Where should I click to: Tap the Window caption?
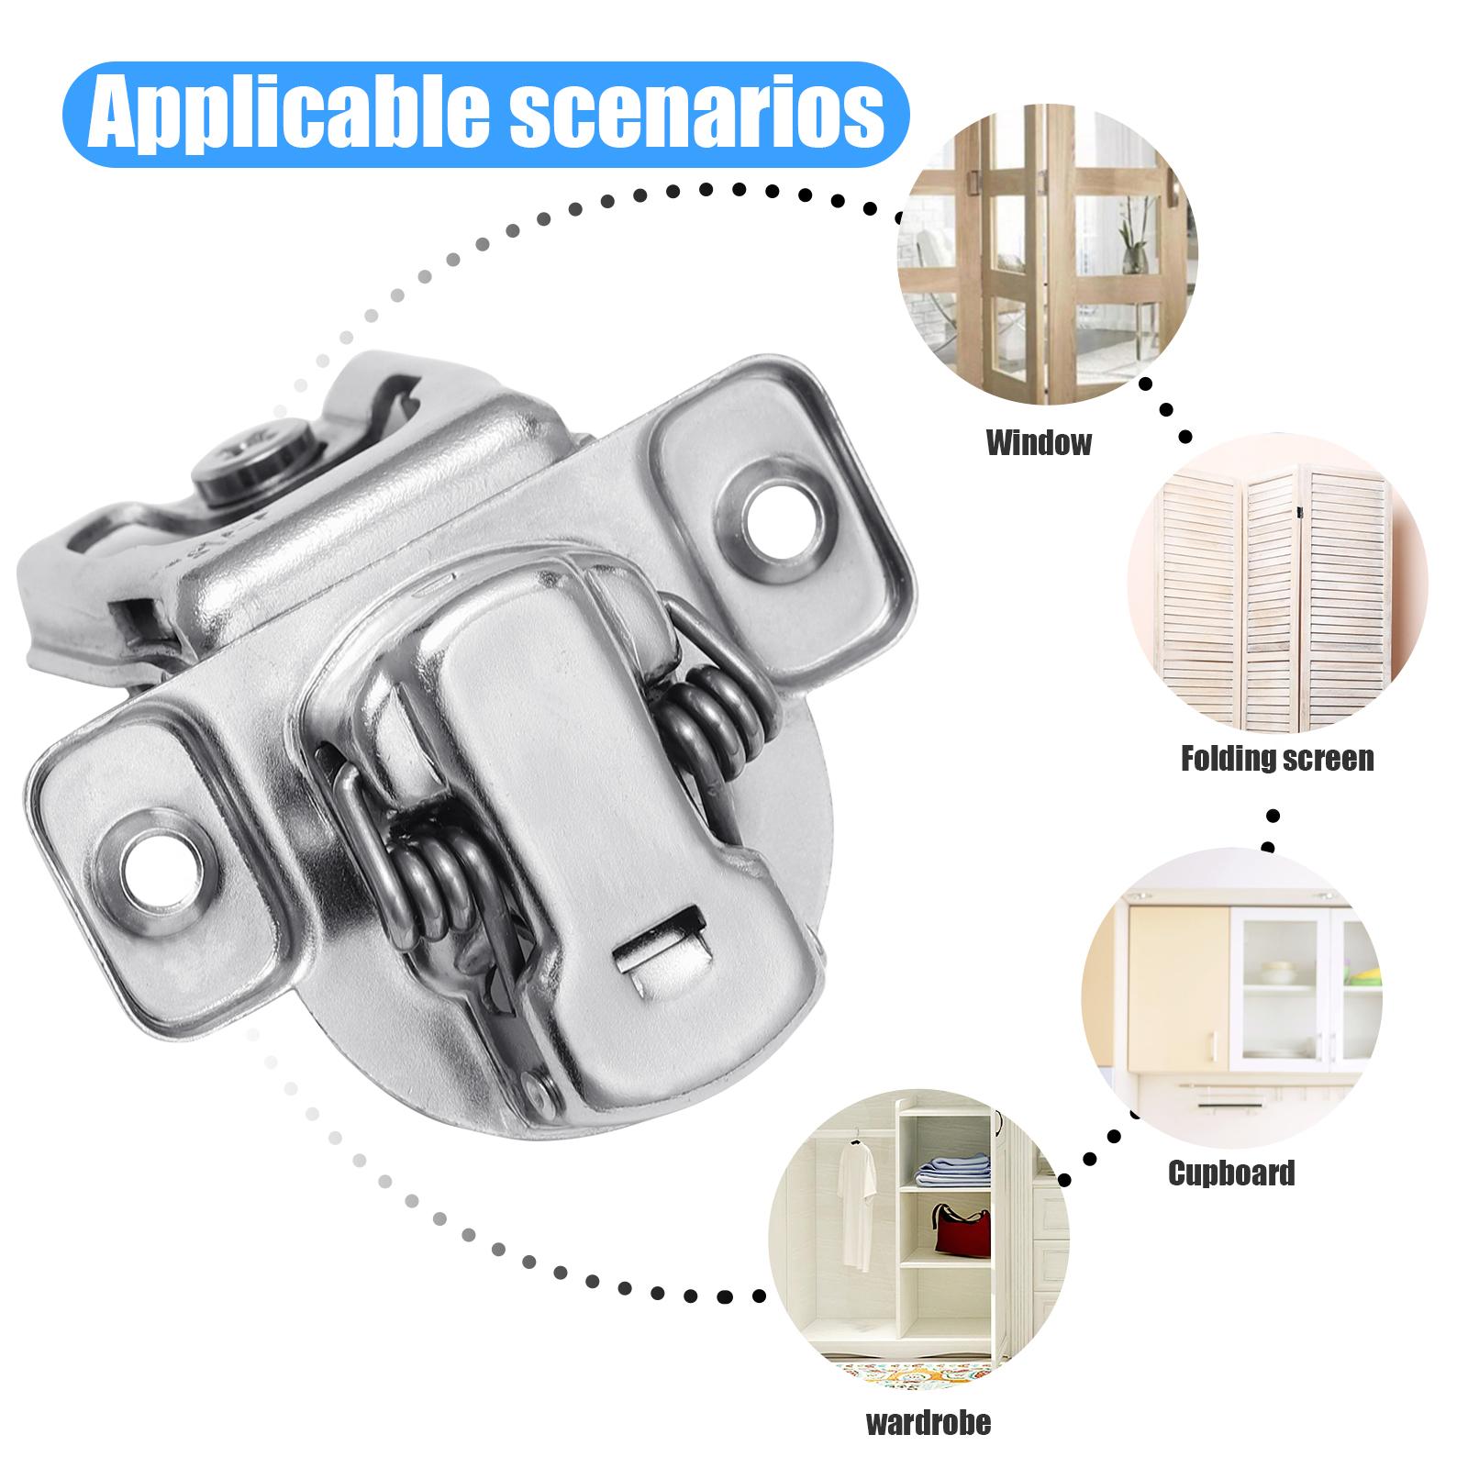point(1039,443)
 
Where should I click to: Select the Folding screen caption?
point(1276,759)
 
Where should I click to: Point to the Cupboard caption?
point(1231,1173)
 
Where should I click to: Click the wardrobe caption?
point(929,1423)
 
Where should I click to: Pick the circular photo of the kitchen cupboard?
point(1231,996)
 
